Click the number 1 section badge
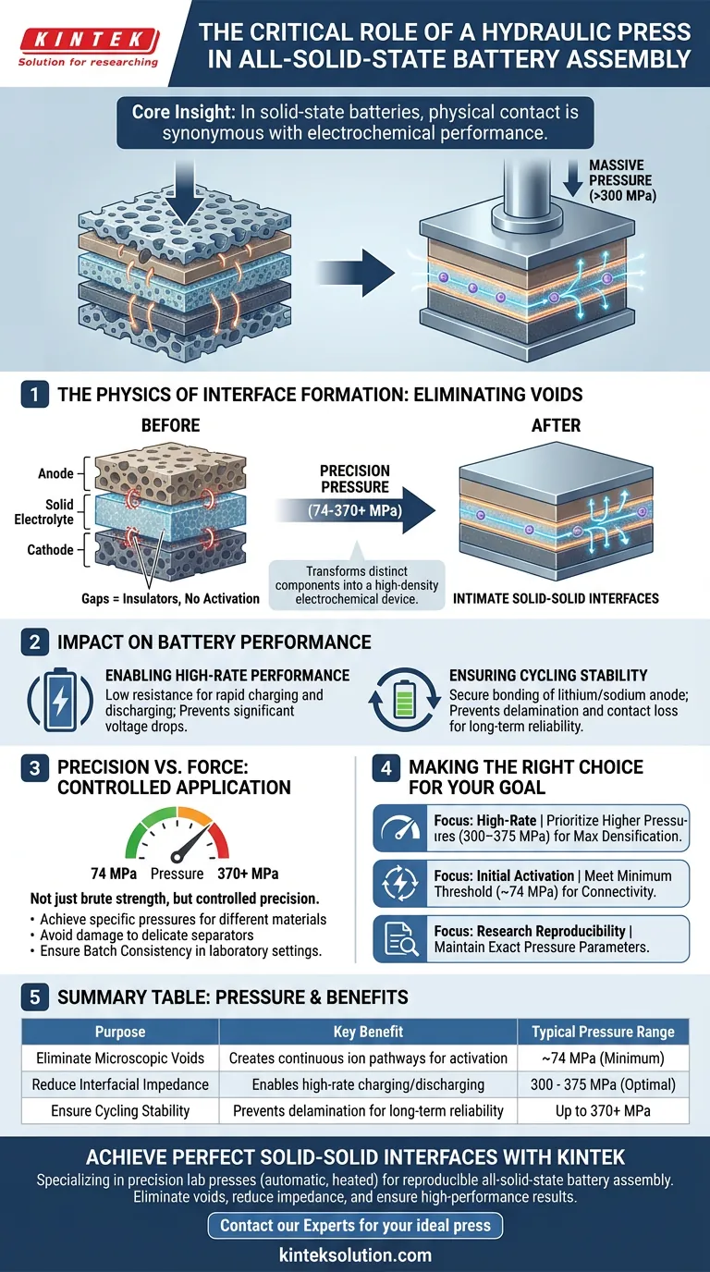34,395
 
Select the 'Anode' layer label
56,474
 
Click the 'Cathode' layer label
50,550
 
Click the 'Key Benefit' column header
367,1031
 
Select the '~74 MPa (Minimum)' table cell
603,1058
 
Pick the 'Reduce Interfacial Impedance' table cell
120,1084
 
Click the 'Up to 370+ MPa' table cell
603,1111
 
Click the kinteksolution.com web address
355,1254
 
